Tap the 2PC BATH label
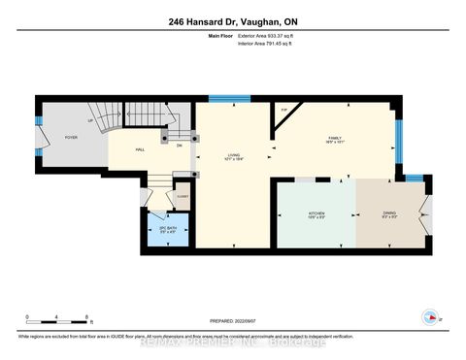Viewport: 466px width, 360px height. [167, 230]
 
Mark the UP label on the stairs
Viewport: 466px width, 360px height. [91, 121]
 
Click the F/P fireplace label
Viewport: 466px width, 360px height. [283, 110]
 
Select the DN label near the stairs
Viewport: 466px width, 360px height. [180, 146]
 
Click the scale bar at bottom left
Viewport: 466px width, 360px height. [57, 317]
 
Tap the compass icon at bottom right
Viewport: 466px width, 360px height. [428, 317]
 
